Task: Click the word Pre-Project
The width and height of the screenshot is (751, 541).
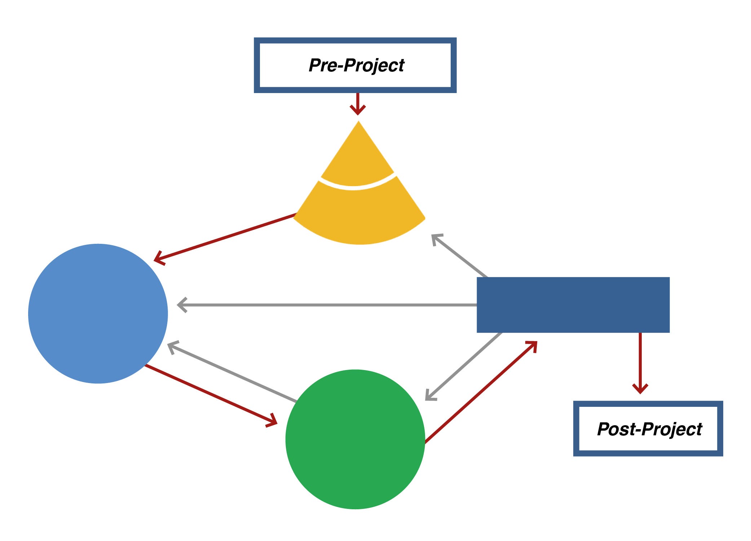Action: (356, 66)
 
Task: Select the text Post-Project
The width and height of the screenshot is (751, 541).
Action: (649, 429)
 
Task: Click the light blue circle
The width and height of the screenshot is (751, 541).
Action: (98, 313)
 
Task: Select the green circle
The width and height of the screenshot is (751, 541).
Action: (355, 439)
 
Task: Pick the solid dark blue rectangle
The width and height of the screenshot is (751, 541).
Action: (573, 305)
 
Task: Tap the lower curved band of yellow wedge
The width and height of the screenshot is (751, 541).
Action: (359, 216)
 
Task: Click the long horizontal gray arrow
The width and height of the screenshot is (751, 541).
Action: (324, 305)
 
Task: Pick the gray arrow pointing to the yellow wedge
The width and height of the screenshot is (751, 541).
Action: (460, 256)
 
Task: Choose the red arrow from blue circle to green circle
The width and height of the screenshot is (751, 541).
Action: (211, 394)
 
